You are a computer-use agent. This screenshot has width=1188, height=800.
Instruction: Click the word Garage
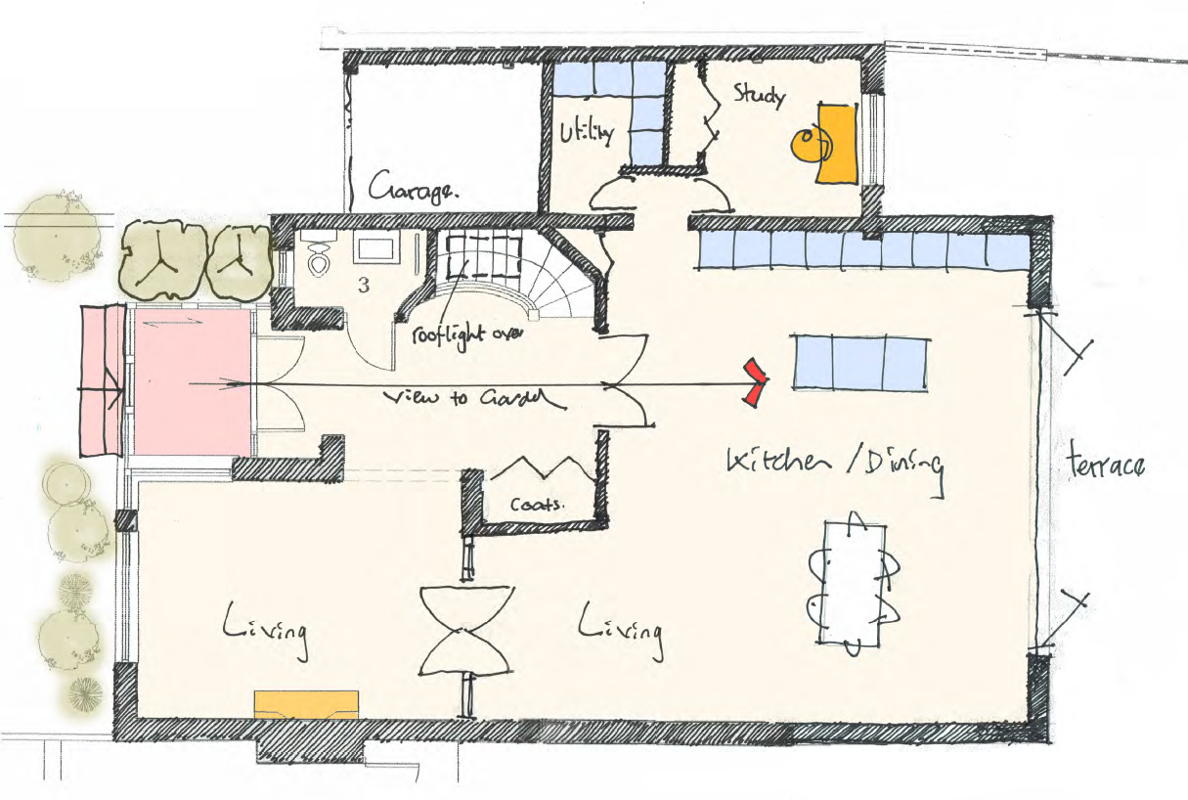click(x=414, y=189)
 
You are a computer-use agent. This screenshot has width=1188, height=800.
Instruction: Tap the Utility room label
click(x=587, y=133)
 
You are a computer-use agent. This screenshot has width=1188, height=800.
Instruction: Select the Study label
click(x=760, y=96)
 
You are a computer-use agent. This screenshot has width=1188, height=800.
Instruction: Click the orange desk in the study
click(x=836, y=145)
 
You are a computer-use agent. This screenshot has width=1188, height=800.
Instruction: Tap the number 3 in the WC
click(x=364, y=286)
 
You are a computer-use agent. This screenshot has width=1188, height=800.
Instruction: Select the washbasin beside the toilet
click(x=376, y=249)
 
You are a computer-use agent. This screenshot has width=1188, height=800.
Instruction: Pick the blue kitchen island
click(x=860, y=364)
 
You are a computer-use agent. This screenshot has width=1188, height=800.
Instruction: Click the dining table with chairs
click(x=853, y=584)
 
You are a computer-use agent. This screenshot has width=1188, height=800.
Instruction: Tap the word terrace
click(x=1106, y=464)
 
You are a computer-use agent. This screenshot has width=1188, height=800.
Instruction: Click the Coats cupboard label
click(x=537, y=504)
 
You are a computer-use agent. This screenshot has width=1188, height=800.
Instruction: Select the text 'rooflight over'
click(x=467, y=335)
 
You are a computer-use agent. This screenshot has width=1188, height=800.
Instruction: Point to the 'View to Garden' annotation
click(x=473, y=399)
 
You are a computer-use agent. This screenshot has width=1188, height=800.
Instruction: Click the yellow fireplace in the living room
click(x=306, y=704)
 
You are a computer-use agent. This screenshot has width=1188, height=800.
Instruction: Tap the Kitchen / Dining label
click(x=835, y=467)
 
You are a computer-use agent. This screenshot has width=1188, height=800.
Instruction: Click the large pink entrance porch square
click(x=192, y=382)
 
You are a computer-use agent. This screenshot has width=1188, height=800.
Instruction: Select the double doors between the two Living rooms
click(x=466, y=630)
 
